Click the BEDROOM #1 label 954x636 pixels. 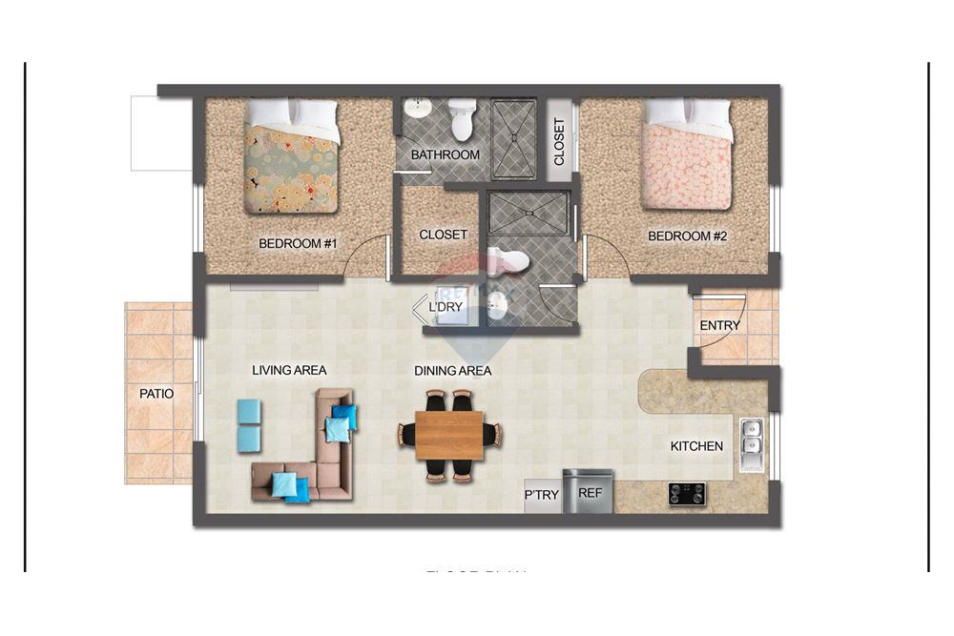tap(298, 243)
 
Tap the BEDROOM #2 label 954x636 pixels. tap(687, 236)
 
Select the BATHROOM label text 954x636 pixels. tap(445, 154)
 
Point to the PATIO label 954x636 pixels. tap(156, 393)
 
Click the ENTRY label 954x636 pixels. tap(719, 325)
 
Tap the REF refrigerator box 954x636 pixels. tap(588, 493)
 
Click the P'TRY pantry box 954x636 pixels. tap(541, 495)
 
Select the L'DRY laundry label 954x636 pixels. tap(446, 307)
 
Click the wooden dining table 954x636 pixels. tap(449, 435)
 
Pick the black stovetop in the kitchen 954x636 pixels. tap(686, 493)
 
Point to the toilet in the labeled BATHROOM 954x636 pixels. tap(463, 119)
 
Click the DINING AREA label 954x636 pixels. tap(452, 371)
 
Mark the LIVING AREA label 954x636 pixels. tap(289, 370)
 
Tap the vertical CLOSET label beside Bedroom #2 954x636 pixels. tap(559, 141)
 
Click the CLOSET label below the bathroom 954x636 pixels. tap(443, 235)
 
